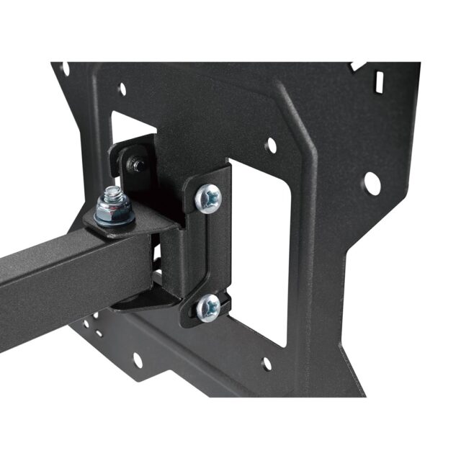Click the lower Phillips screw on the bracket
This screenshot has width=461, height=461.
tap(207, 308)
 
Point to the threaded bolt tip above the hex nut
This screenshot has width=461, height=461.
tap(113, 192)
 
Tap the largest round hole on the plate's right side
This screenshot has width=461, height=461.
tap(372, 183)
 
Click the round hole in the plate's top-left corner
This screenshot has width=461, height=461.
tap(65, 69)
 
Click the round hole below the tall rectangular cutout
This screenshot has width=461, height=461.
tap(267, 364)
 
